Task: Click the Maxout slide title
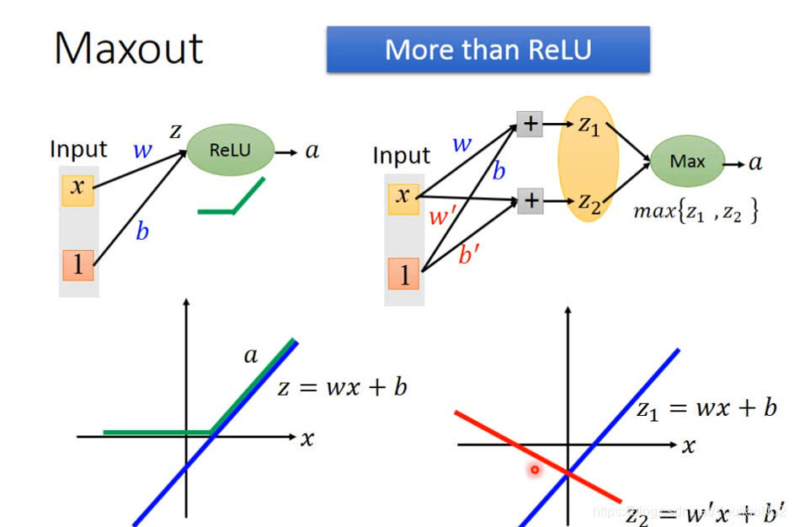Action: (129, 48)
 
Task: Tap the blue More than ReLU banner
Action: (488, 50)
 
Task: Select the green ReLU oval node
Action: (230, 151)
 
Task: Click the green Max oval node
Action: (687, 161)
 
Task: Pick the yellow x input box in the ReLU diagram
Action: (77, 187)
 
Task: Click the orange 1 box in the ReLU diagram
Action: (77, 265)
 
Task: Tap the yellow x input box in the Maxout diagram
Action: (403, 197)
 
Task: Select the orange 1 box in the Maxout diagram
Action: (403, 274)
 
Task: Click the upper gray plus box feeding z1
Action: (530, 125)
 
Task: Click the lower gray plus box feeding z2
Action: (530, 200)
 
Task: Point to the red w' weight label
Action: (442, 216)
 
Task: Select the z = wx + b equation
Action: (343, 387)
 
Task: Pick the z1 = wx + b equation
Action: (706, 409)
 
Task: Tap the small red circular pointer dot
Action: (534, 470)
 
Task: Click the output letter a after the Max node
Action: (755, 162)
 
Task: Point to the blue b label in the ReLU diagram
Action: (142, 232)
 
